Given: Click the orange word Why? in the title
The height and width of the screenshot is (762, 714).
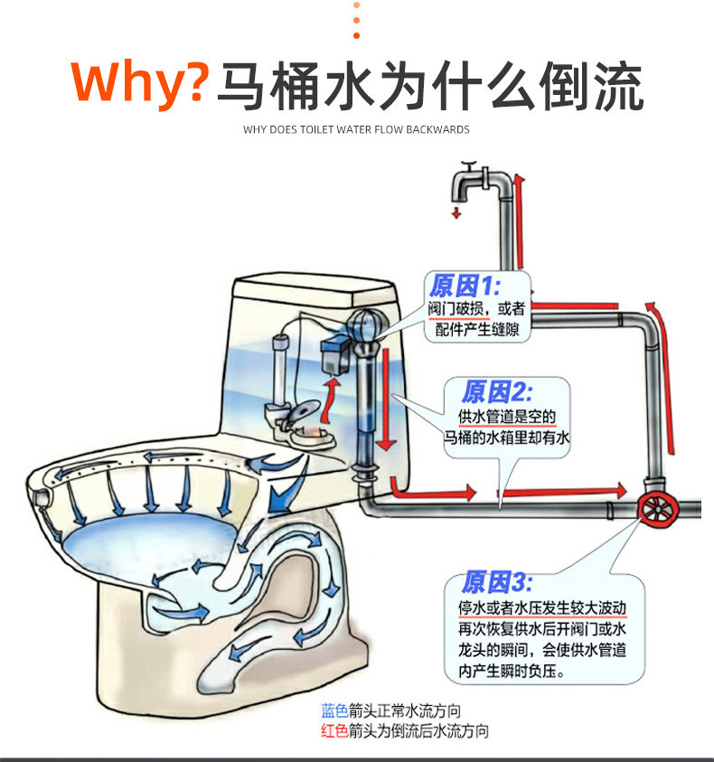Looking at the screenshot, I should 140,84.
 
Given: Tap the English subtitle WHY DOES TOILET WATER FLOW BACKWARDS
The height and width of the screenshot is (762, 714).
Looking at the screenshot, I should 356,130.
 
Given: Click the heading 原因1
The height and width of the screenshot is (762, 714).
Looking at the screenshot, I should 464,287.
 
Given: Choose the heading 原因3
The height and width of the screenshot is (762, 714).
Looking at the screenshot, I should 498,581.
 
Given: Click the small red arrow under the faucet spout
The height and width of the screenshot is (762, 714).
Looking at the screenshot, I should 457,213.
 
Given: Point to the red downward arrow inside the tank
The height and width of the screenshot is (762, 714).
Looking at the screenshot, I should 383,398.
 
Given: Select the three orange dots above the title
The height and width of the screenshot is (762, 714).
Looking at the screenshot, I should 356,20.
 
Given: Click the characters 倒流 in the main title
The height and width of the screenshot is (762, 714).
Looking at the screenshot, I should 591,86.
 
